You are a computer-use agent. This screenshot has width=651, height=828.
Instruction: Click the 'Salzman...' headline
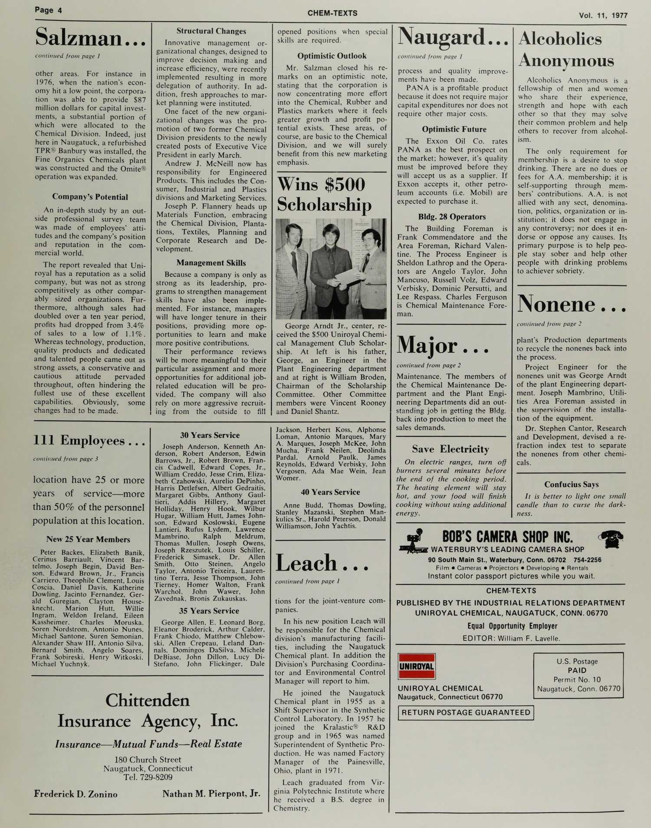90,37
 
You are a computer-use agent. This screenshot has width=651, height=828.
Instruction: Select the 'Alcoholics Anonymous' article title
566,49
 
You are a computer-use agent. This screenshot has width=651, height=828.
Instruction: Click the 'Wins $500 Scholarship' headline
324,194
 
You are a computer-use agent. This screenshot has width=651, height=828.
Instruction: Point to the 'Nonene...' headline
571,304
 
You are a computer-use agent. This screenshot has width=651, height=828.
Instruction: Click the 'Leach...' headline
322,564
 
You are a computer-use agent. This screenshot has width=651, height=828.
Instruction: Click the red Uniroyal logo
417,666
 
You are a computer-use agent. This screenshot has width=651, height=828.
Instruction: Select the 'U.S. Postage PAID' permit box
578,675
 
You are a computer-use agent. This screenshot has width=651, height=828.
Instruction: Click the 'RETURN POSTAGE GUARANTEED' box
466,713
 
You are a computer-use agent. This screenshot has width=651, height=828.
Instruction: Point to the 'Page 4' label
48,10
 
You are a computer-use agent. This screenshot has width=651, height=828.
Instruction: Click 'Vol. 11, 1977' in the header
603,15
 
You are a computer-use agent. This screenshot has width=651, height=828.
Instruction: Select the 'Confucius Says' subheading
571,485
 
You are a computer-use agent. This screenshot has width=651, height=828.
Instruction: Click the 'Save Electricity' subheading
450,449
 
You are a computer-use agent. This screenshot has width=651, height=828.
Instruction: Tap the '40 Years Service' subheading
330,492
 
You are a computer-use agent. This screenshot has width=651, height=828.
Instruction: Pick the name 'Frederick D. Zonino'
76,794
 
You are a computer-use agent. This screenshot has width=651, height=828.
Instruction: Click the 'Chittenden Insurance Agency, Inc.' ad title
148,710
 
